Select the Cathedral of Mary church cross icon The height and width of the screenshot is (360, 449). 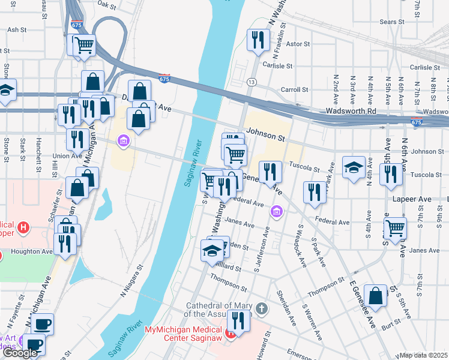(261, 308)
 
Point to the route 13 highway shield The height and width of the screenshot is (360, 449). (251, 82)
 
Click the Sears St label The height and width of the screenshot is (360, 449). (393, 22)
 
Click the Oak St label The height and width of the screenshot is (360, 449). (106, 4)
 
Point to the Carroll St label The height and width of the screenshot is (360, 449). (295, 89)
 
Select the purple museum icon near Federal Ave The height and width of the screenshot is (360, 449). (276, 211)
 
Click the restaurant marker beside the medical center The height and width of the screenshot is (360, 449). (239, 322)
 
